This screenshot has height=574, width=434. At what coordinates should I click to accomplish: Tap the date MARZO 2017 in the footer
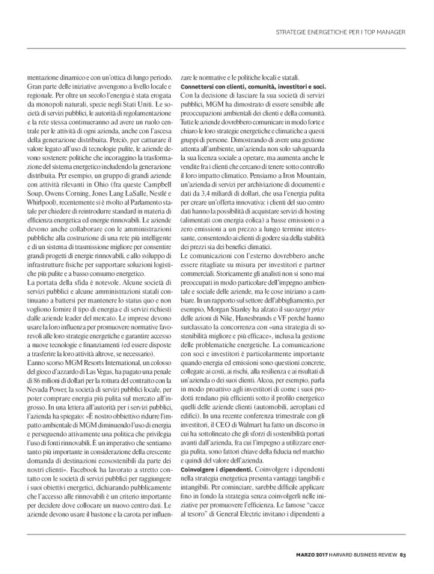(x=305, y=555)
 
